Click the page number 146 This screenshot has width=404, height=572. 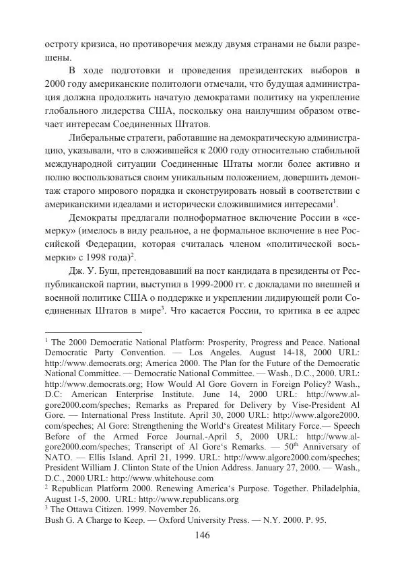tap(202, 535)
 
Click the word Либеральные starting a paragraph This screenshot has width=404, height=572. tap(100, 138)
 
